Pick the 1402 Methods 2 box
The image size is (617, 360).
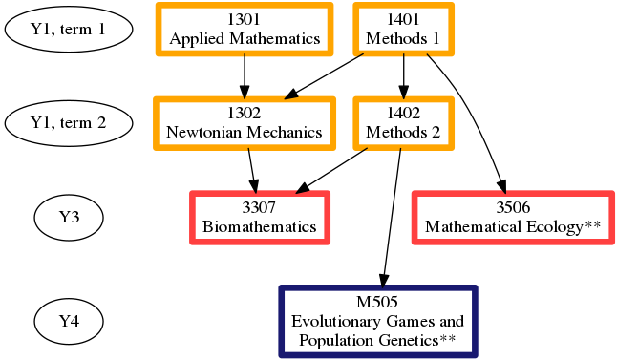pos(403,122)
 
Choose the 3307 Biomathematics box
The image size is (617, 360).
pos(260,218)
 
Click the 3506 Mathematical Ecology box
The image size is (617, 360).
pos(513,218)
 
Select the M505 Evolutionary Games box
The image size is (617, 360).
pos(377,321)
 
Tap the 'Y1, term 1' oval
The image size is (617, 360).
pos(68,30)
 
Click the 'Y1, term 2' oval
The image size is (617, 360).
pos(68,123)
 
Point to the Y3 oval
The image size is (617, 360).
pos(68,218)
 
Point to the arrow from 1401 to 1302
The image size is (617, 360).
pos(325,75)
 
